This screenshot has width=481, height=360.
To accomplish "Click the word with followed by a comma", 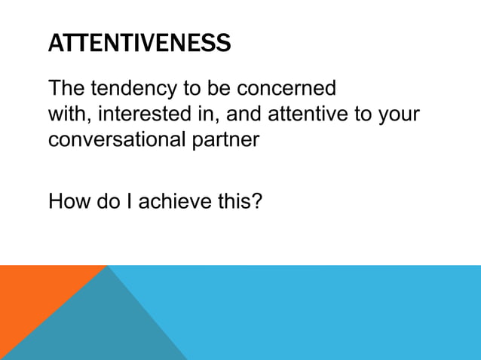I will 70,114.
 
